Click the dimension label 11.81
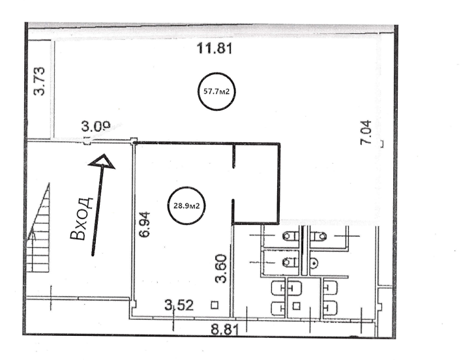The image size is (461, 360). pos(215,48)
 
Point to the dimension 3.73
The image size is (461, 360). pos(39,81)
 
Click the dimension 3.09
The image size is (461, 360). pos(96,127)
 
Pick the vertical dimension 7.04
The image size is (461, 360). pos(366,132)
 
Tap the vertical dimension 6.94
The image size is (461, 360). pos(145,224)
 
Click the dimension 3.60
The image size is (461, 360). pos(221,269)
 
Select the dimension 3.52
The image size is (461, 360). pos(179,305)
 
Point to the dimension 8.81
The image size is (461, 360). pos(225,329)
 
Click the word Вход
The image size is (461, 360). pos(82,218)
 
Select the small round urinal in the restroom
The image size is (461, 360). pos(314,262)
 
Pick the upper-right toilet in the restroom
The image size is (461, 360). pos(319,236)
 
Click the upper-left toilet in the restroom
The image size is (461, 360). pos(291,236)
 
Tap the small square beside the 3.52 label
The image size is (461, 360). pos(215,305)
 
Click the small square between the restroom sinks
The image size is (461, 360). pos(296,306)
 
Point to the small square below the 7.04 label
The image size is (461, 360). pos(381,144)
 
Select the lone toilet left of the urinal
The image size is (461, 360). pos(291,262)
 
